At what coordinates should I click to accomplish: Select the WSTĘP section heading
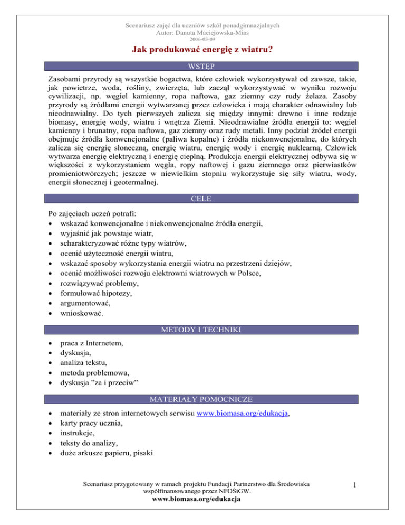click(x=202, y=68)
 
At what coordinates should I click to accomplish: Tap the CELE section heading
click(x=202, y=198)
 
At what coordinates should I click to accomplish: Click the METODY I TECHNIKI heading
click(x=202, y=330)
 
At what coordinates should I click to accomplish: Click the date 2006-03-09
click(x=202, y=39)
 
